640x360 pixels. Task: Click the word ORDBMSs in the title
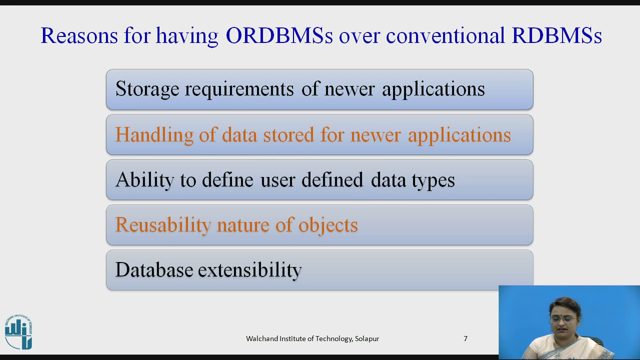(x=279, y=35)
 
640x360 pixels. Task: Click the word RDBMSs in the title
(x=556, y=35)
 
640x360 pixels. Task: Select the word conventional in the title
(x=445, y=35)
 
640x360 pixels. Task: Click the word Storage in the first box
(x=147, y=89)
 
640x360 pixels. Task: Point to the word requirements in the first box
(x=239, y=89)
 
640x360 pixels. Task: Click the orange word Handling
(x=154, y=135)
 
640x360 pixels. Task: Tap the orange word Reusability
(x=163, y=225)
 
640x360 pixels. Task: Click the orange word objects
(x=328, y=225)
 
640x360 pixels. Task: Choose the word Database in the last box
(x=154, y=270)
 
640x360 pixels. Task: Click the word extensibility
(x=250, y=270)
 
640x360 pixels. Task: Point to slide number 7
(x=465, y=338)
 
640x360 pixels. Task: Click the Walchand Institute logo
(x=19, y=332)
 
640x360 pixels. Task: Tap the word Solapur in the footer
(x=367, y=339)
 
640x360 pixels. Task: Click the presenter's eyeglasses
(x=563, y=318)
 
